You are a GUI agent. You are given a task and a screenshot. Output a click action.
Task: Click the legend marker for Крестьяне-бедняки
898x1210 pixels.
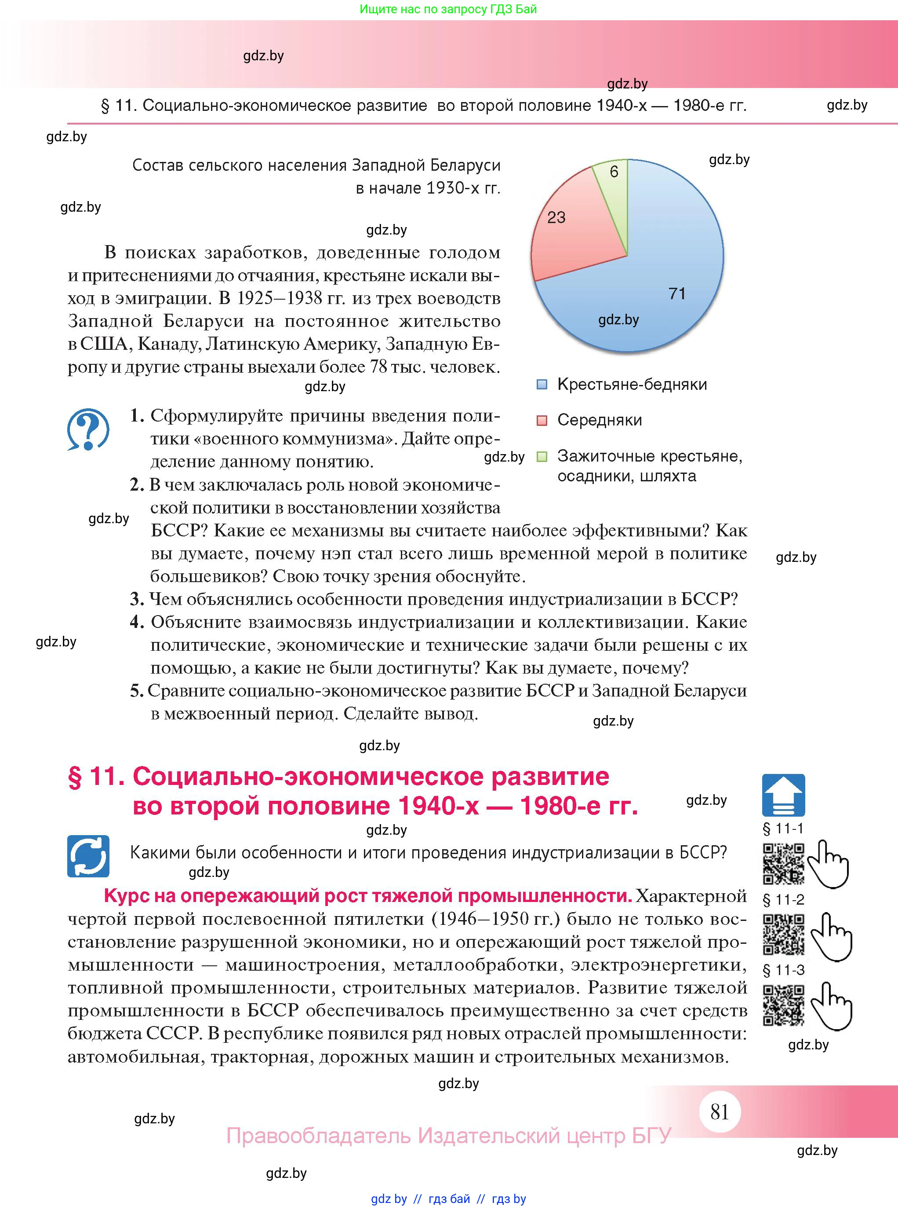pos(542,385)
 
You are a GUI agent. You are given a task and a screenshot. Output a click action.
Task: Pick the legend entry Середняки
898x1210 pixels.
pos(599,420)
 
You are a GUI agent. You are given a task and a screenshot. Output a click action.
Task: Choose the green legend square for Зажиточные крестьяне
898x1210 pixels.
pos(542,456)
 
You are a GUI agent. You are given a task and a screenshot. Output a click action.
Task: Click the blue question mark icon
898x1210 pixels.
pos(88,430)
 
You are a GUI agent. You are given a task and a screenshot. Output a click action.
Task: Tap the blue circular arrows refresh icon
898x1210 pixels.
pos(88,856)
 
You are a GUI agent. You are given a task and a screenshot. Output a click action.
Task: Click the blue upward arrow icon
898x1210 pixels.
pos(783,795)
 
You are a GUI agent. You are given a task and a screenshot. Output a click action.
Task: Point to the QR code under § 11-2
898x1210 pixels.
pos(783,934)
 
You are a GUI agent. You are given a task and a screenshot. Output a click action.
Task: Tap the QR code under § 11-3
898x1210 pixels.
pos(783,1005)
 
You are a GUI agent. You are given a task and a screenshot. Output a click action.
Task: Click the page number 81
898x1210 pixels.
pos(719,1111)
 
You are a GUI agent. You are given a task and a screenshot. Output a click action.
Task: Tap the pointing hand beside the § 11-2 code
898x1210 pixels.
pos(832,936)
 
